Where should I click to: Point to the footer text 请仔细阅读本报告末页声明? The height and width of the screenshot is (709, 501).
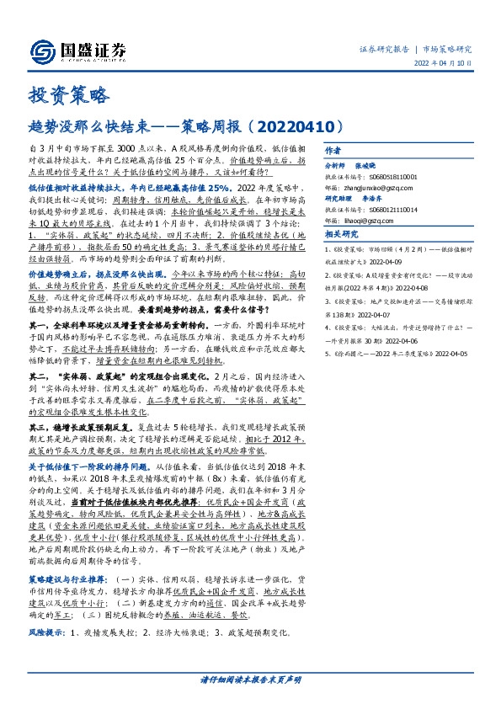click(250, 679)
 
